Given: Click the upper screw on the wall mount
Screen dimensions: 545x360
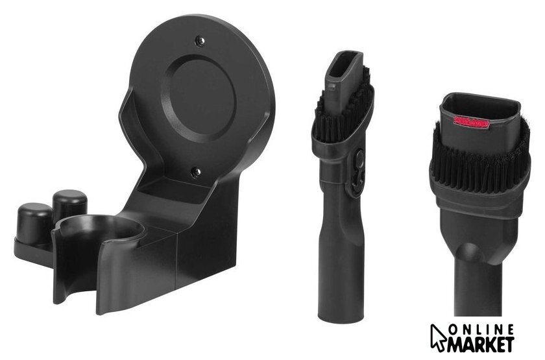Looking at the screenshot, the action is click(200, 41).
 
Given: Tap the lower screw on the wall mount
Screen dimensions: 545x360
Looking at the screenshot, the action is click(196, 172).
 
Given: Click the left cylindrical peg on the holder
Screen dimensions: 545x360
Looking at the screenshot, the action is click(34, 222).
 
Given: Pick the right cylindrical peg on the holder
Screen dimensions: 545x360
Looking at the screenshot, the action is click(70, 204).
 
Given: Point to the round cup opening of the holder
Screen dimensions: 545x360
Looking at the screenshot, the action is click(99, 228).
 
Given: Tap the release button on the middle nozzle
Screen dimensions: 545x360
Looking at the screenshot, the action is click(359, 158).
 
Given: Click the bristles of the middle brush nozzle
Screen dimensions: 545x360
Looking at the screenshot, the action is click(343, 111).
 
